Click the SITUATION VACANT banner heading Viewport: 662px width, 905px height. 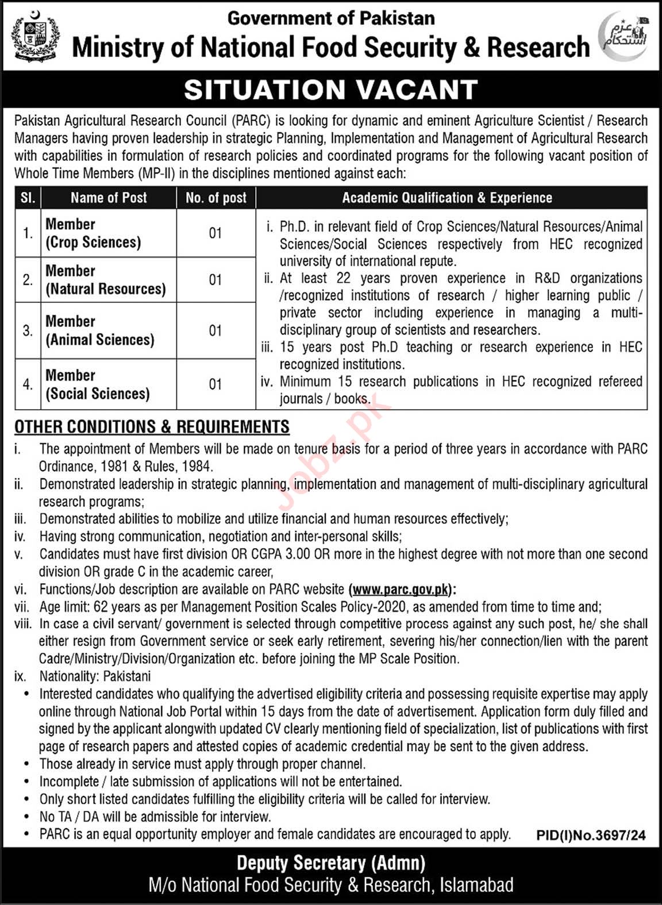331,90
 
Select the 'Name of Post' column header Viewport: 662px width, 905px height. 109,198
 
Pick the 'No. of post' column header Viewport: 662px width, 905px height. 216,198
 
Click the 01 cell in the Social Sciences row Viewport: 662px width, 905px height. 215,384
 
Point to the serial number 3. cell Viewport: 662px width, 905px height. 28,330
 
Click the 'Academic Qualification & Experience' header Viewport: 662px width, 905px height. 447,198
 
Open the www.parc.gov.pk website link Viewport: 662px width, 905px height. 400,589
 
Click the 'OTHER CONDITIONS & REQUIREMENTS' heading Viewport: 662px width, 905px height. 152,426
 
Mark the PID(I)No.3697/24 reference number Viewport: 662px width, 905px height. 591,835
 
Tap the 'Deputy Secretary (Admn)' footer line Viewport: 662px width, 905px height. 331,863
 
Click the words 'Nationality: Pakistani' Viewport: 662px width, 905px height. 95,676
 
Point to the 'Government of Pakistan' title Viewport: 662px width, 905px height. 331,18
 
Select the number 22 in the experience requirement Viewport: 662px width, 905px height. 343,278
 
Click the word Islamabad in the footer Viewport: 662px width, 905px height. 476,885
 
